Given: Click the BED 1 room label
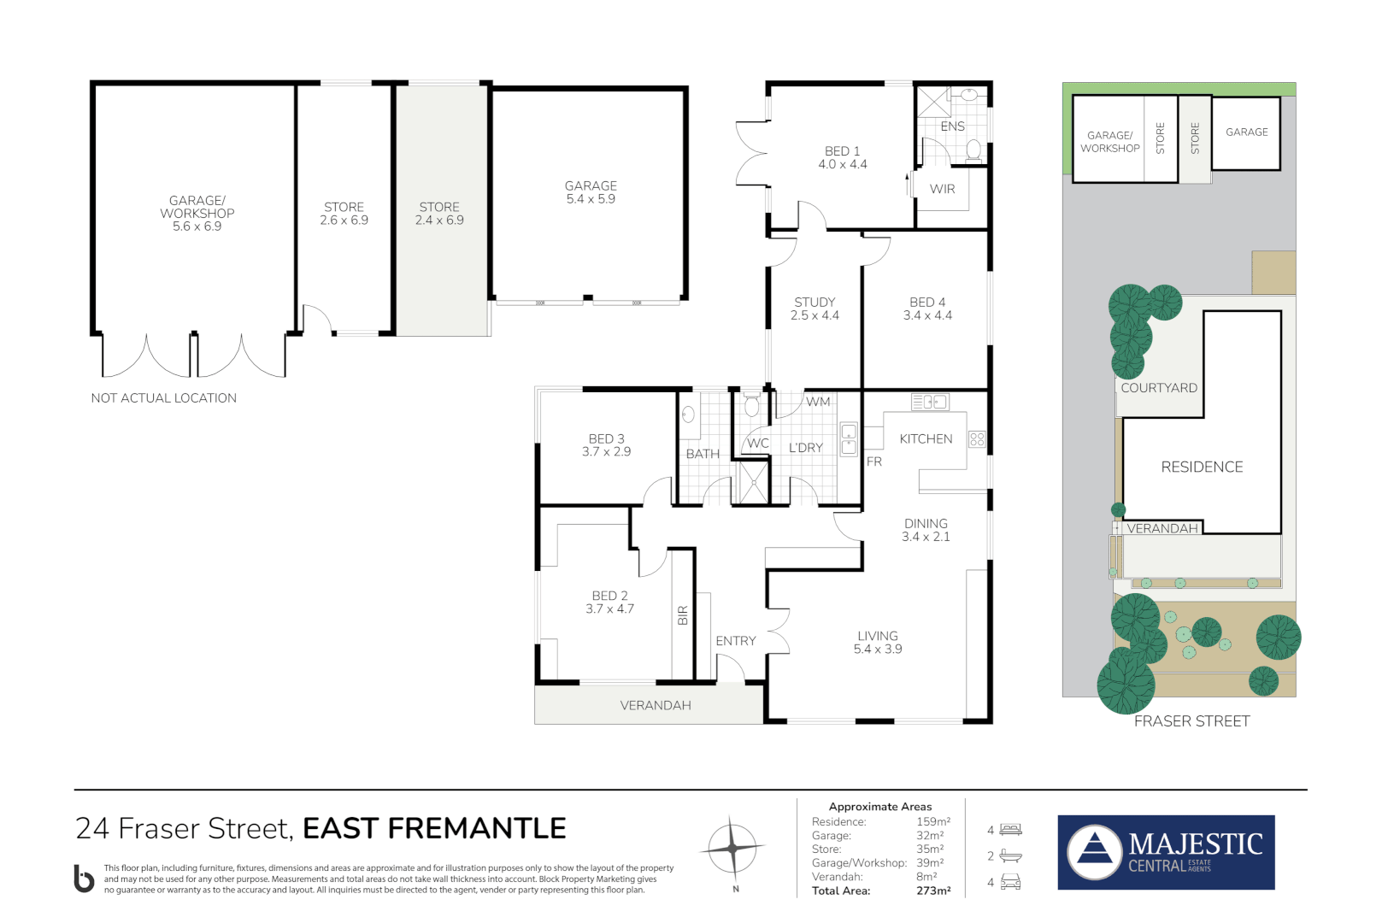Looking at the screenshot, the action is click(842, 151).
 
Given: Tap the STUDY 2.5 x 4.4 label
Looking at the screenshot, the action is click(815, 309).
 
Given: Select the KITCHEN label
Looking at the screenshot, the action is click(926, 438).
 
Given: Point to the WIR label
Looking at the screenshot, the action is click(942, 189).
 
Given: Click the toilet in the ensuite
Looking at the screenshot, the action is click(973, 150).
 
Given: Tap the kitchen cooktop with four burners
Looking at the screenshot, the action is click(977, 439).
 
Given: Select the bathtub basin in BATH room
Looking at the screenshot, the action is click(688, 414).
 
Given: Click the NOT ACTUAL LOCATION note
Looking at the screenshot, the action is click(163, 397).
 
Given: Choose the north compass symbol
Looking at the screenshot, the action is click(733, 850).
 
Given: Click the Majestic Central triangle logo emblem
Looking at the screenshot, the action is click(1095, 852).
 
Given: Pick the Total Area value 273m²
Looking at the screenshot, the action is click(933, 891).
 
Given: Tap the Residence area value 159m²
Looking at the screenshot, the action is click(933, 821).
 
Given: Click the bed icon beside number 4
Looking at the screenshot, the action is click(1010, 829).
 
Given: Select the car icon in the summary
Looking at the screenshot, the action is click(1010, 881).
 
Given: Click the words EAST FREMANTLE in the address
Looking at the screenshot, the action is click(434, 828).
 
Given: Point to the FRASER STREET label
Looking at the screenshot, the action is click(1191, 721).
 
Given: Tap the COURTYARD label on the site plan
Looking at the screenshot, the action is click(1159, 388).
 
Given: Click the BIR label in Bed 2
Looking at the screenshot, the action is click(683, 615).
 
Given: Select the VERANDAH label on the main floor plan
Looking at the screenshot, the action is click(656, 705).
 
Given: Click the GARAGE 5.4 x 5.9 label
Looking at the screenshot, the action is click(591, 192).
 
